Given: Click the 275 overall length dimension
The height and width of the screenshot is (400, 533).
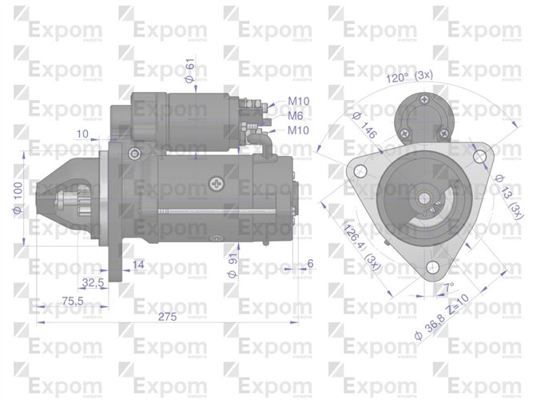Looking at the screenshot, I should [x=167, y=317].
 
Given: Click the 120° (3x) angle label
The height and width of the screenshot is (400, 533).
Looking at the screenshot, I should [x=409, y=76].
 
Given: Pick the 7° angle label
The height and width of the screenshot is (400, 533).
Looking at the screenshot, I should [x=448, y=286].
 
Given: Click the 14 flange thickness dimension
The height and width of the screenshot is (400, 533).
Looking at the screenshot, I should [x=137, y=265].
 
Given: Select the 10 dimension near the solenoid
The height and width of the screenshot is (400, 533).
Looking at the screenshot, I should [x=84, y=134].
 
